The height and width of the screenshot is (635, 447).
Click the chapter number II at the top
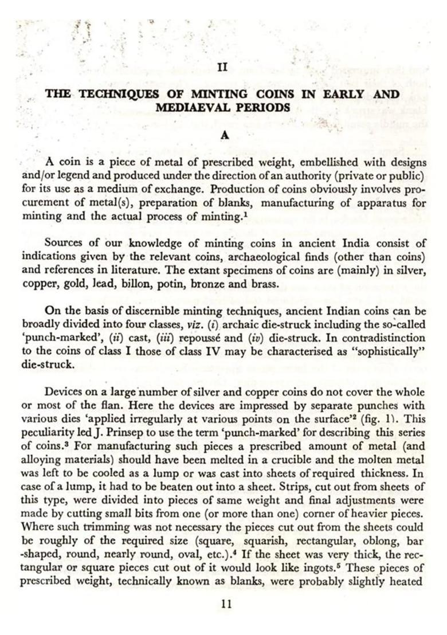coord(223,67)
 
